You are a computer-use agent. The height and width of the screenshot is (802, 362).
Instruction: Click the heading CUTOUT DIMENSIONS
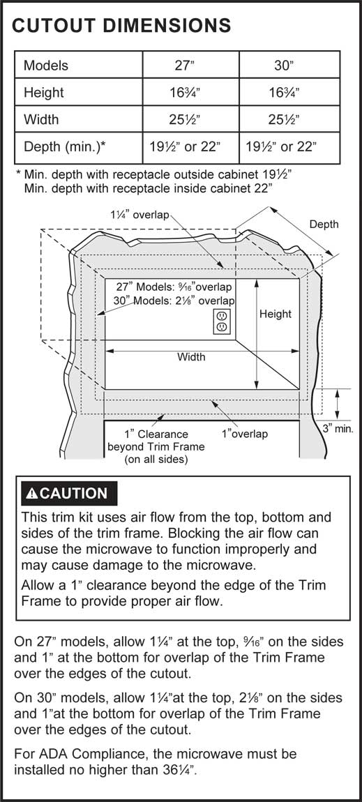tap(121, 25)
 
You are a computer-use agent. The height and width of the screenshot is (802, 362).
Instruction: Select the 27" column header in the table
tap(190, 66)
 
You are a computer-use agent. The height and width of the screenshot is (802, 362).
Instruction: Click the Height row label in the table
tap(44, 93)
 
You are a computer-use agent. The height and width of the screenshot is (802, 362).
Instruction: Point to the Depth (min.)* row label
tap(64, 147)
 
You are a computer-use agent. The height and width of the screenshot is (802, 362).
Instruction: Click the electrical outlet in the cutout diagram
tap(222, 321)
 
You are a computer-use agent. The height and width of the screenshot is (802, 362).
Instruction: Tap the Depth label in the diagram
tap(324, 225)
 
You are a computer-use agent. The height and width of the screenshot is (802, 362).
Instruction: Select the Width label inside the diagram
tap(191, 357)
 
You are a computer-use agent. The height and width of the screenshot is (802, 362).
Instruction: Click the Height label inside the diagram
tap(275, 314)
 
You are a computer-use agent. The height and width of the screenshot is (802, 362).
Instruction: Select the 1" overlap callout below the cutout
tap(244, 434)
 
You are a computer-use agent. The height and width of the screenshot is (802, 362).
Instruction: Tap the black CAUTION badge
tap(69, 493)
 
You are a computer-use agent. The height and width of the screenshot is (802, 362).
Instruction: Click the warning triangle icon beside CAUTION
tap(31, 494)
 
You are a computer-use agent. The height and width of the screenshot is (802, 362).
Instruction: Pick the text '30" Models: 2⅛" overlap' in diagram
tap(174, 301)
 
